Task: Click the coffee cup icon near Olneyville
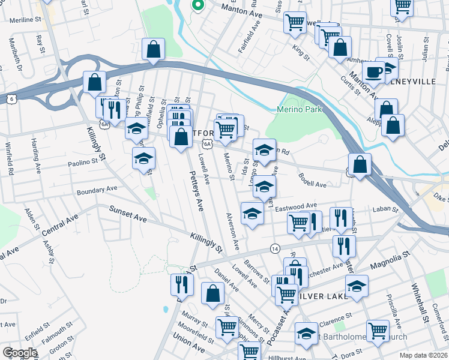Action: pyautogui.click(x=373, y=72)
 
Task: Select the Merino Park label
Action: pyautogui.click(x=300, y=109)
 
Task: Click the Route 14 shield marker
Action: pyautogui.click(x=275, y=248)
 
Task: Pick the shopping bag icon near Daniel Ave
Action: pyautogui.click(x=212, y=293)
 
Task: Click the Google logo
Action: pyautogui.click(x=20, y=353)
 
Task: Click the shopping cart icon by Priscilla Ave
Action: pyautogui.click(x=378, y=330)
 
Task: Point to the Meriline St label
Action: pyautogui.click(x=25, y=19)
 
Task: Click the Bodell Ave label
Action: pyautogui.click(x=312, y=181)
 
